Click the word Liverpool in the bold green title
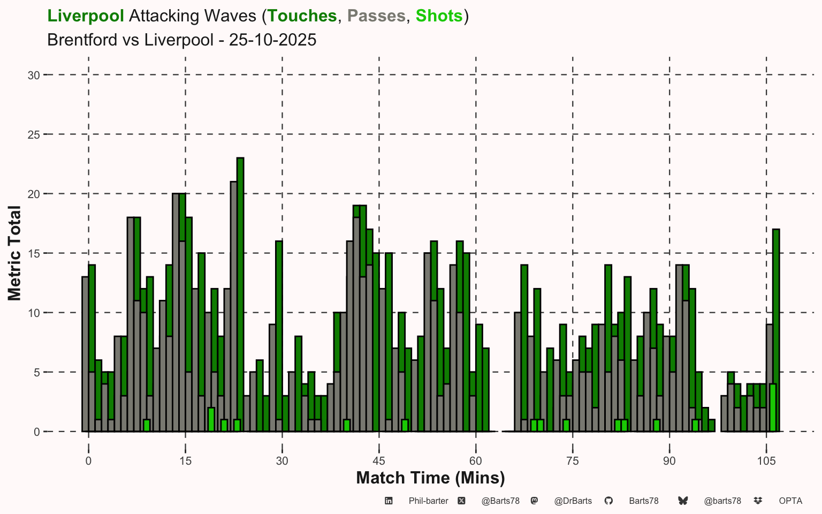tap(86, 16)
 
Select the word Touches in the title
tap(302, 16)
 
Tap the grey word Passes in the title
tap(376, 16)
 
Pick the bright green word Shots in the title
tap(439, 16)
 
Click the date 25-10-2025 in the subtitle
tap(272, 40)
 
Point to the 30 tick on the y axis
tap(34, 75)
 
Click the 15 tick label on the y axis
tap(34, 253)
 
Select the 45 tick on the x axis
tap(379, 461)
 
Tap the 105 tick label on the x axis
tap(766, 461)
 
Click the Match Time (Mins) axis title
tap(430, 478)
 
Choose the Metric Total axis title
tap(14, 253)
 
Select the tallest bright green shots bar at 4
tap(772, 407)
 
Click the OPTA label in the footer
tap(790, 501)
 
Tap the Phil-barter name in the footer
tap(428, 501)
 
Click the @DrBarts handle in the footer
tap(573, 501)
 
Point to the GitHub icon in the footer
tap(608, 501)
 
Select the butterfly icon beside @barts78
tap(683, 501)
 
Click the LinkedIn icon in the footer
tap(389, 501)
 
